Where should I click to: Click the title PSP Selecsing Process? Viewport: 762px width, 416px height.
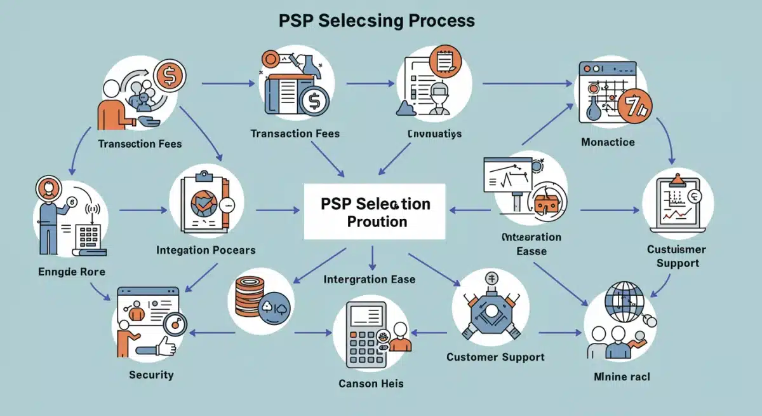coord(377,20)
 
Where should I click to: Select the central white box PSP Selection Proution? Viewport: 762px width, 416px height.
coord(375,212)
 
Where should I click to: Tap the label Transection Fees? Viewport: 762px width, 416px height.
coord(140,144)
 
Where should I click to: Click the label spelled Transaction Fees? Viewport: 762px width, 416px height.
coord(295,134)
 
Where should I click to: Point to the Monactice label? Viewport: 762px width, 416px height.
coord(607,142)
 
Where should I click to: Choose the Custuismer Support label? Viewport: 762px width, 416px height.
coord(677,256)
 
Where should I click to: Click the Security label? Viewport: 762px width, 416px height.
coord(150,375)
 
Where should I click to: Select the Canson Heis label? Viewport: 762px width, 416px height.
coord(371,384)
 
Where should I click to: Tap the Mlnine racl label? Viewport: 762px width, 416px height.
coord(622,377)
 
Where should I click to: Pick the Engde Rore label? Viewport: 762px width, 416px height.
coord(71,272)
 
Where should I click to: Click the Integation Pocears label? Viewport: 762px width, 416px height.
coord(206,250)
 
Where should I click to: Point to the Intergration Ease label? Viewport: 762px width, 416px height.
coord(369,279)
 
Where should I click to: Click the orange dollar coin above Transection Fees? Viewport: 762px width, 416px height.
coord(170,75)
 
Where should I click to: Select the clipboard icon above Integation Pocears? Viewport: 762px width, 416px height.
coord(203,202)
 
